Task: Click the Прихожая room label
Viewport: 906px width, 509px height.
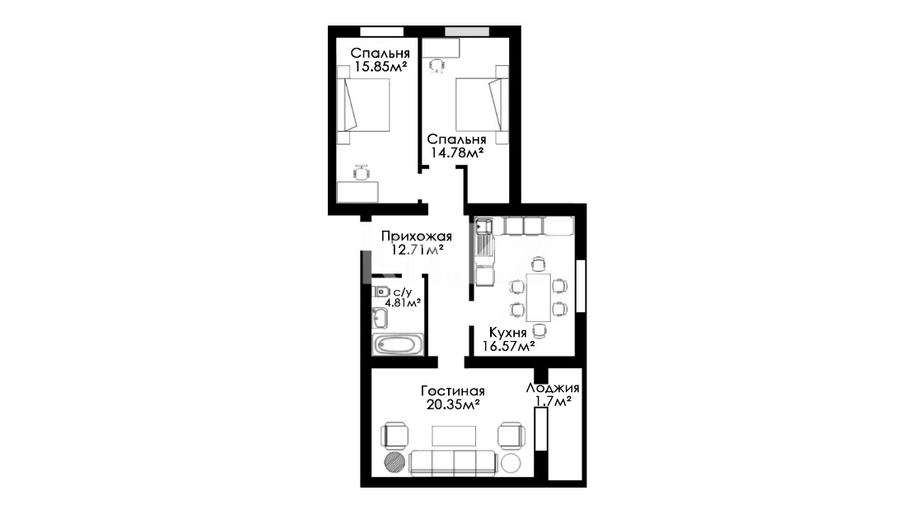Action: (416, 236)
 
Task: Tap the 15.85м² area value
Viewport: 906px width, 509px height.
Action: (381, 67)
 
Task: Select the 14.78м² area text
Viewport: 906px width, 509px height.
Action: (457, 153)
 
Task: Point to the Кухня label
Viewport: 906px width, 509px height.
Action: (507, 333)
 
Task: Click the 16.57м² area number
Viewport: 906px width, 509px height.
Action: (508, 347)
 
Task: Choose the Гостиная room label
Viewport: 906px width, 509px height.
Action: (452, 391)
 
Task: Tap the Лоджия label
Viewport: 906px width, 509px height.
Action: (553, 388)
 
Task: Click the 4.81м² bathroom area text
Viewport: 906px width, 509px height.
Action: (403, 302)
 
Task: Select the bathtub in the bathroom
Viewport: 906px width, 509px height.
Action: (398, 344)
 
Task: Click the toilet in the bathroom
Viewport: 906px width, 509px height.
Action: (381, 292)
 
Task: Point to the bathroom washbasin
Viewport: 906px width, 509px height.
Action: (380, 318)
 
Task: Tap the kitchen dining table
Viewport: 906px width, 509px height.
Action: (538, 297)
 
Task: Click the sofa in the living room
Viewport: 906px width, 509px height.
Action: (452, 463)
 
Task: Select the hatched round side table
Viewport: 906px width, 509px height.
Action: (395, 463)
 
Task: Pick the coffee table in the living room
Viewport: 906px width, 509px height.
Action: (454, 436)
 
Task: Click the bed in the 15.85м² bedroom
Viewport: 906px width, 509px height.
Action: (363, 105)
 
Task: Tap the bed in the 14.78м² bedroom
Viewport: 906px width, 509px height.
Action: (483, 105)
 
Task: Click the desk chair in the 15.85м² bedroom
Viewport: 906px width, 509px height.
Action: (361, 172)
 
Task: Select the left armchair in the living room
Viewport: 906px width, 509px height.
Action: (395, 436)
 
